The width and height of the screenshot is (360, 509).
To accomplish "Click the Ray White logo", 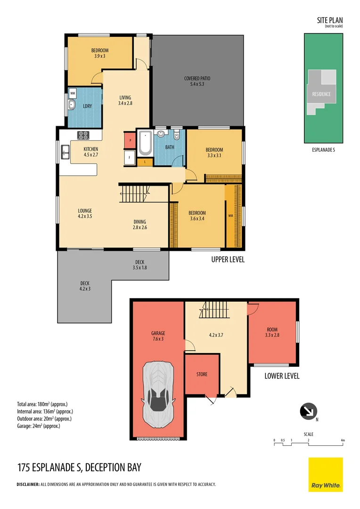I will [x=326, y=474].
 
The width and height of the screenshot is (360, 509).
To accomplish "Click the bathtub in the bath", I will [x=145, y=143].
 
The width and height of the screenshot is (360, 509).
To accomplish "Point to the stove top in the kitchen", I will [x=83, y=135].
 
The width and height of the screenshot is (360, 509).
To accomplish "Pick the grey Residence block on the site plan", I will [x=321, y=94].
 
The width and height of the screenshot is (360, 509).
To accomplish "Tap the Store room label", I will [x=202, y=374].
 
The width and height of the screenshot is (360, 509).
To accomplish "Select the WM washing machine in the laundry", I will [x=73, y=94].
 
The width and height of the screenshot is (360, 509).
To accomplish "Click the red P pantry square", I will [x=129, y=140].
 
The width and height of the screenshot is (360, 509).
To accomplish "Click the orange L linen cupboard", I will [x=146, y=162].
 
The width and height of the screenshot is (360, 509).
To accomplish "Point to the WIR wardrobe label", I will [x=230, y=215].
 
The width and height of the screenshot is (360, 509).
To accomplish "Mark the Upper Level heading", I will [x=228, y=259].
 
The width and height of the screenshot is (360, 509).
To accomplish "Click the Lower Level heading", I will [x=282, y=376].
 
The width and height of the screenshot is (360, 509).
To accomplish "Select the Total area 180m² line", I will [x=45, y=404].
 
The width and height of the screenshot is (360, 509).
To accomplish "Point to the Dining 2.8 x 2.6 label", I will [x=139, y=224].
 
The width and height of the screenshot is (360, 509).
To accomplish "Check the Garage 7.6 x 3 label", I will [x=158, y=336].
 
